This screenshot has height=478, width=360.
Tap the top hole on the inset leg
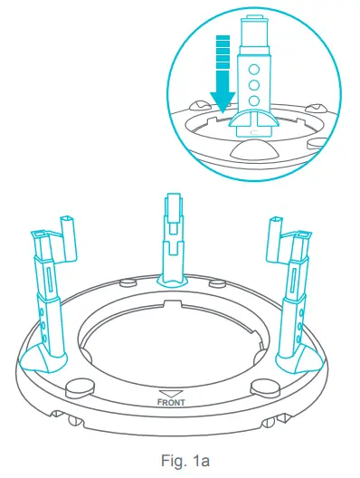[256, 67]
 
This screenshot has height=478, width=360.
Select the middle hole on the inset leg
[256, 83]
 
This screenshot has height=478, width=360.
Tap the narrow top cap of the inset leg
[255, 28]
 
